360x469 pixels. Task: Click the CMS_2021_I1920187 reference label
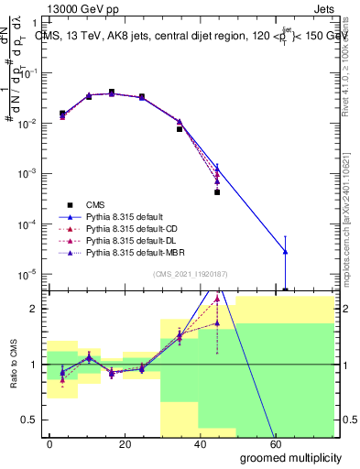point(190,274)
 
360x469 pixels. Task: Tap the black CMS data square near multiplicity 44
point(217,192)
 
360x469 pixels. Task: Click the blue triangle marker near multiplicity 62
point(286,251)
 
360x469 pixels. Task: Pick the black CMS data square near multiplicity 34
point(180,129)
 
